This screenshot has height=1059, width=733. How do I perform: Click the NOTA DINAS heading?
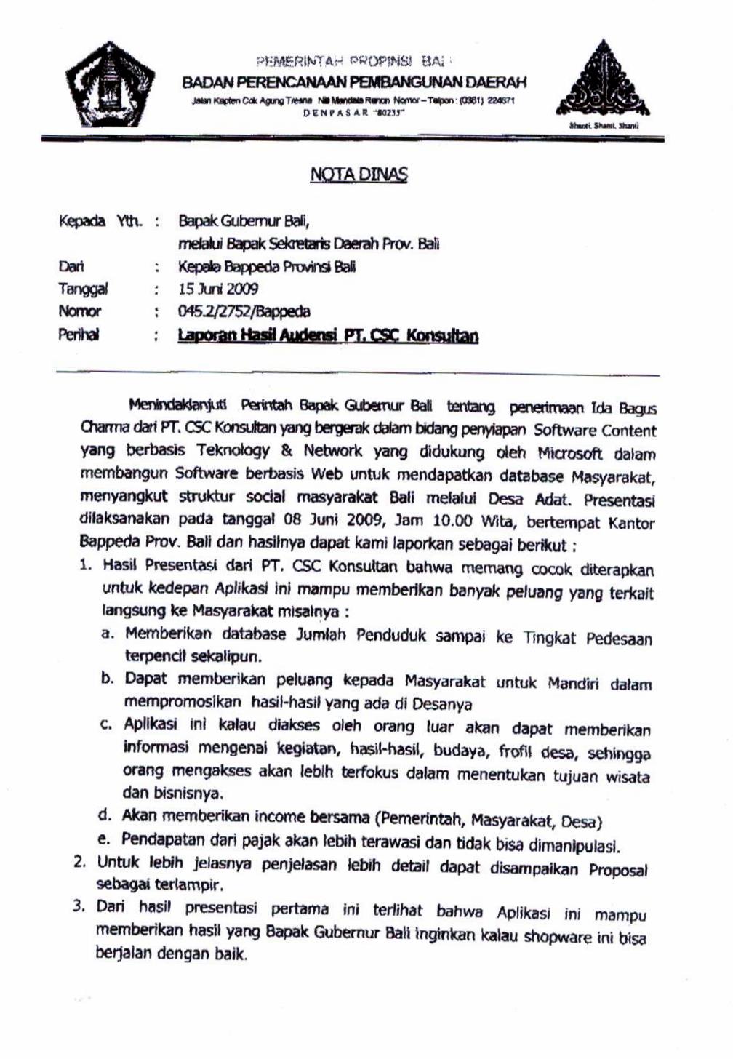(359, 175)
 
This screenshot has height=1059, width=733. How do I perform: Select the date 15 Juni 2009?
(218, 289)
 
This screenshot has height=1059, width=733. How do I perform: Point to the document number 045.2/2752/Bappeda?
(244, 312)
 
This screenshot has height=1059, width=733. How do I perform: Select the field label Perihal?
(79, 335)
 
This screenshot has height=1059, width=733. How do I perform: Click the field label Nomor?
(79, 312)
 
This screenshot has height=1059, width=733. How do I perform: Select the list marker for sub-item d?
(105, 815)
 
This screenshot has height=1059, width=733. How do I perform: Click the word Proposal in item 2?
(617, 870)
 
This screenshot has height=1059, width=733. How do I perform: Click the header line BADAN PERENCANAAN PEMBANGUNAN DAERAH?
(354, 82)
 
